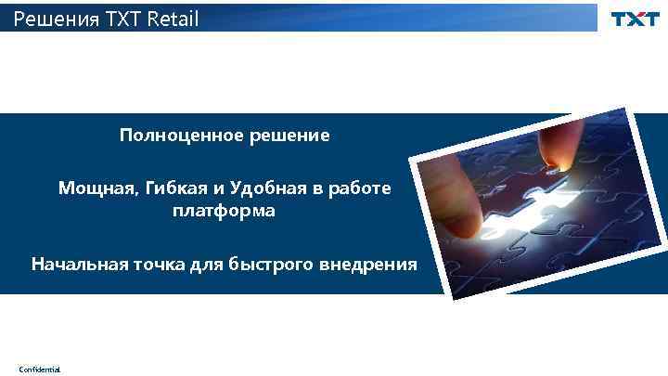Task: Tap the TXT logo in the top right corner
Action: point(635,19)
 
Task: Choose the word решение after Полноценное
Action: point(289,136)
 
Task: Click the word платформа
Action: point(224,212)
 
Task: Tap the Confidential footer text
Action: point(39,370)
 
